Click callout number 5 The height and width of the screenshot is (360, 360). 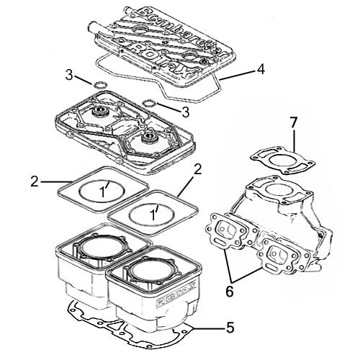pos(230,327)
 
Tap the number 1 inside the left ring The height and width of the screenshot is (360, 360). pos(104,193)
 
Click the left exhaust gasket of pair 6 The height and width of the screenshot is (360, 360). pos(228,232)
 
